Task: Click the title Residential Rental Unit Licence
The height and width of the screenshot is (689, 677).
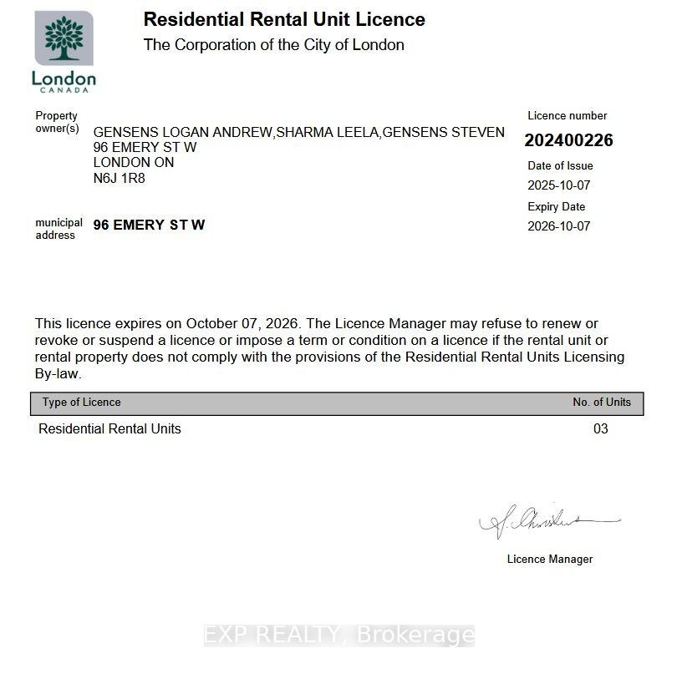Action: (x=284, y=19)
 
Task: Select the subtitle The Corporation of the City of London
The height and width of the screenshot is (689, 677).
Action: (x=273, y=45)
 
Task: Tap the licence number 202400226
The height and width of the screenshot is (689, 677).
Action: (x=568, y=140)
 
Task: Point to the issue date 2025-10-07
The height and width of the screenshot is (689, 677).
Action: (x=558, y=185)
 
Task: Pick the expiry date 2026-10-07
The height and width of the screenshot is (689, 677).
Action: (x=558, y=226)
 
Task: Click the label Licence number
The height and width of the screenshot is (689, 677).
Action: (x=567, y=116)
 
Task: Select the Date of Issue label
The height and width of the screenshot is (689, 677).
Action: (x=560, y=165)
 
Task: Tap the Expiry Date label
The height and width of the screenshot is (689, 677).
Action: (x=556, y=206)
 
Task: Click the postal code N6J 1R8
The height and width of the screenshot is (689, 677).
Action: (x=119, y=178)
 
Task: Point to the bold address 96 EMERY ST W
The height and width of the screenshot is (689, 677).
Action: (x=149, y=225)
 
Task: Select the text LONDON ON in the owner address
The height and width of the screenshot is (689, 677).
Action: (x=133, y=162)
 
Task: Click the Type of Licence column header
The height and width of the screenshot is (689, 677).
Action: (x=81, y=403)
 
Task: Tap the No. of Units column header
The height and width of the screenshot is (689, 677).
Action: (x=601, y=403)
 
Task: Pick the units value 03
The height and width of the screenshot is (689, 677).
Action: (x=600, y=429)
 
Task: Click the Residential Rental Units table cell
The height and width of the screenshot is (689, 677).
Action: (x=109, y=429)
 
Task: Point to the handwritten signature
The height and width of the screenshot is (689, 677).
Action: (x=547, y=522)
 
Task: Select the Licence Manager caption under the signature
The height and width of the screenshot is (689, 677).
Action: (x=549, y=560)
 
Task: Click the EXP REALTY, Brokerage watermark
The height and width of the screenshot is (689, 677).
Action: (x=338, y=636)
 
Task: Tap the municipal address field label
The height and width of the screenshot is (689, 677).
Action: (x=59, y=229)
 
